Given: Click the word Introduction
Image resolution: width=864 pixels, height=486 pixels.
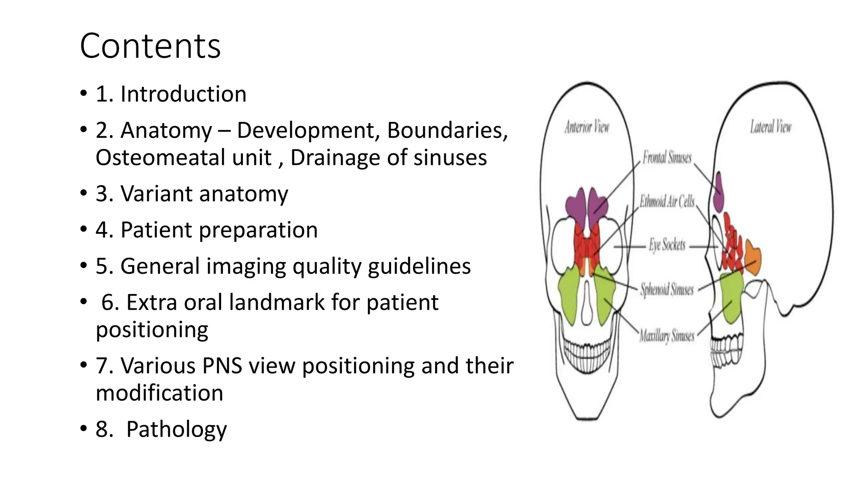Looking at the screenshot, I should click(183, 94).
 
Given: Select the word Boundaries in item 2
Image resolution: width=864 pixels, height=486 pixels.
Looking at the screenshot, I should click(447, 130).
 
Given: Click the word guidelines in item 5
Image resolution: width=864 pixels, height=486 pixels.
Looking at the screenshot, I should click(419, 267).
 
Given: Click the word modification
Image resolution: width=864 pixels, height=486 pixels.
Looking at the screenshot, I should click(159, 393).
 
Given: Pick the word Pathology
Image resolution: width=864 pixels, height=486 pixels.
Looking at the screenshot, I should click(176, 429).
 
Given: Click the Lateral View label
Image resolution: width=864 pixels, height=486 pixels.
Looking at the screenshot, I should click(770, 127).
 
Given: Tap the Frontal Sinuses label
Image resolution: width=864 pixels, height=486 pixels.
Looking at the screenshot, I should click(667, 158).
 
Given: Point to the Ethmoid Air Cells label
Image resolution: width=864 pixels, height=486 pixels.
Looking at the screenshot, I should click(667, 202).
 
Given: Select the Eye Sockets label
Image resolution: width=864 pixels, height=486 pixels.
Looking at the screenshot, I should click(667, 245).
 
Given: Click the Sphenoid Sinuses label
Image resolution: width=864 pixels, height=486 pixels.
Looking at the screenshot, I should click(667, 290).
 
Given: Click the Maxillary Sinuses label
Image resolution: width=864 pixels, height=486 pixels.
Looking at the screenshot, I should click(667, 336).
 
